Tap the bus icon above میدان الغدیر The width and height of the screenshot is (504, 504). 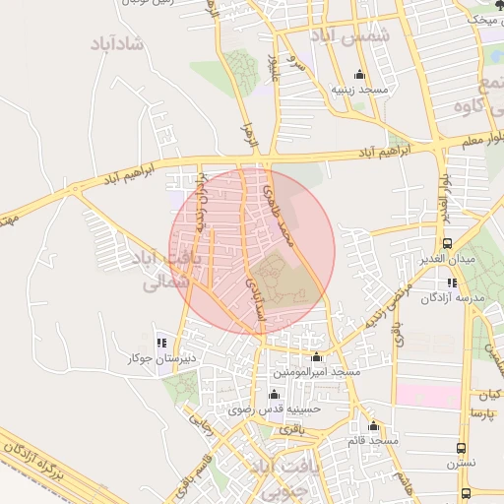(x=448, y=242)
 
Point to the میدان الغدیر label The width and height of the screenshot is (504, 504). (x=448, y=258)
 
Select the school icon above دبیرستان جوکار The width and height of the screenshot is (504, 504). (x=161, y=344)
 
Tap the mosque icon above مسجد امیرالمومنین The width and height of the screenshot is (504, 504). (x=316, y=357)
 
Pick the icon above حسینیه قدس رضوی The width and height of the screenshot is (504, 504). (x=271, y=393)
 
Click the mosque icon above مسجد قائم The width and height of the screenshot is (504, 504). (x=373, y=425)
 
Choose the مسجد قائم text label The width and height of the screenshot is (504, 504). (x=373, y=440)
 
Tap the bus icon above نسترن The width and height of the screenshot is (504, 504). (x=463, y=446)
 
